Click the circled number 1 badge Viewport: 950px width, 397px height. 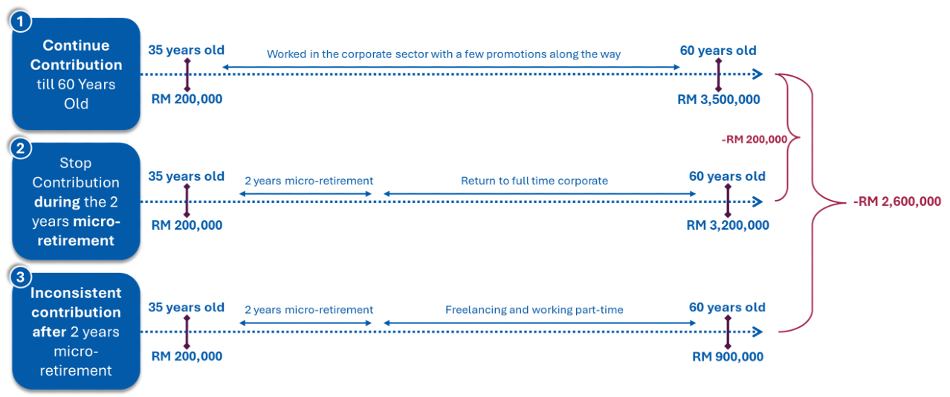point(20,22)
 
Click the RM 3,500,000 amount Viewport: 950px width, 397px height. point(717,99)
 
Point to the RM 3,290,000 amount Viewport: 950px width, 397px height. point(727,225)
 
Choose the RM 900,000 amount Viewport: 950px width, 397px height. point(727,356)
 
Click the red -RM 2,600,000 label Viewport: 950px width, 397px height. point(896,201)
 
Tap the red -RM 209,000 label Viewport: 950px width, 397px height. point(754,139)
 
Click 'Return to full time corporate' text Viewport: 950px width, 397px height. point(534,181)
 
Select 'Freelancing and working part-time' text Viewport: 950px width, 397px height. point(534,310)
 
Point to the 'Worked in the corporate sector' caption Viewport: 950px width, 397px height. point(444,54)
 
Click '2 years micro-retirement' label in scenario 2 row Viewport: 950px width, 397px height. point(308,181)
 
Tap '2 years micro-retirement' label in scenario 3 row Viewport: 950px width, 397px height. point(308,310)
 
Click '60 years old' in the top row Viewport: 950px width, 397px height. point(717,51)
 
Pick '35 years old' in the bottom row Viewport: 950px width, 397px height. point(186,307)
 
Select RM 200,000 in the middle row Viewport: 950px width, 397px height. point(186,225)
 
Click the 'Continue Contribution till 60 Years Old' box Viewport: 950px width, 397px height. point(76,74)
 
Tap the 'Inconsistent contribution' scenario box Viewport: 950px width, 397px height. point(76,331)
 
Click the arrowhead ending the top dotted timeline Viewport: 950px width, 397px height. point(757,74)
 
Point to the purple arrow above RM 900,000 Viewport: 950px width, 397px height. point(728,331)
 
